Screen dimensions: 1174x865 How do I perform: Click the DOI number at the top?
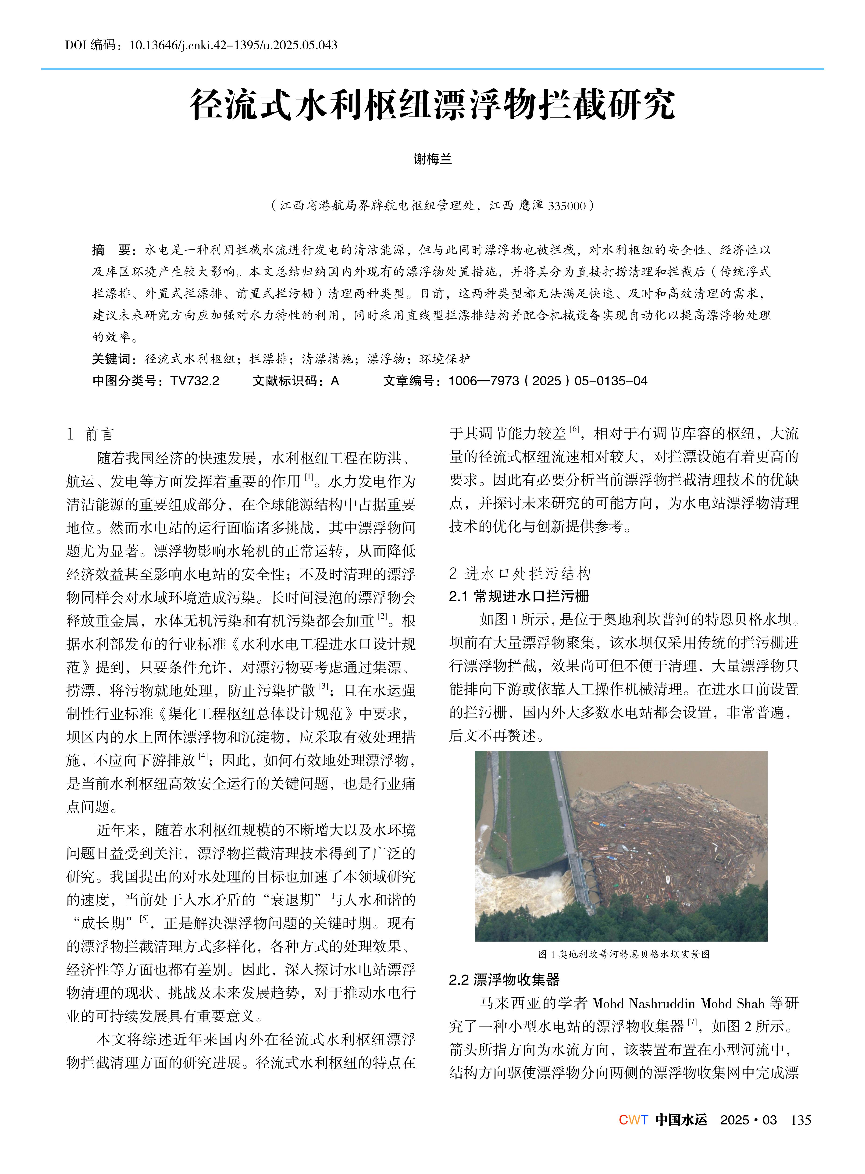[233, 45]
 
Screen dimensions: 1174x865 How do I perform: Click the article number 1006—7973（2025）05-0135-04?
[548, 381]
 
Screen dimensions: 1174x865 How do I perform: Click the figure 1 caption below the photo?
[624, 954]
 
